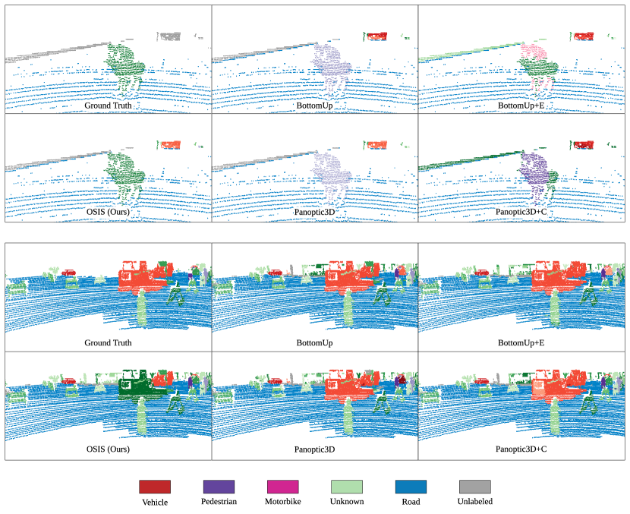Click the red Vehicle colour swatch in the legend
(x=155, y=486)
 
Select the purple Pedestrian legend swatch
(x=219, y=486)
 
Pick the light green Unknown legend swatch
(x=347, y=486)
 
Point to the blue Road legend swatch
(x=411, y=486)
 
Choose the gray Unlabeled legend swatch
(x=475, y=486)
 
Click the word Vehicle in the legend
(x=155, y=502)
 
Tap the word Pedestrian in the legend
(x=219, y=502)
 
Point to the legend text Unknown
(x=347, y=502)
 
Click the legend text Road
(x=411, y=502)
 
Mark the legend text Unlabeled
(x=475, y=502)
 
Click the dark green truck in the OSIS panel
(x=137, y=386)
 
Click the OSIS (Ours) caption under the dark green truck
(x=108, y=449)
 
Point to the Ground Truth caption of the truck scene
(x=108, y=342)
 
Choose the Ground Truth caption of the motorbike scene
(x=108, y=106)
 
